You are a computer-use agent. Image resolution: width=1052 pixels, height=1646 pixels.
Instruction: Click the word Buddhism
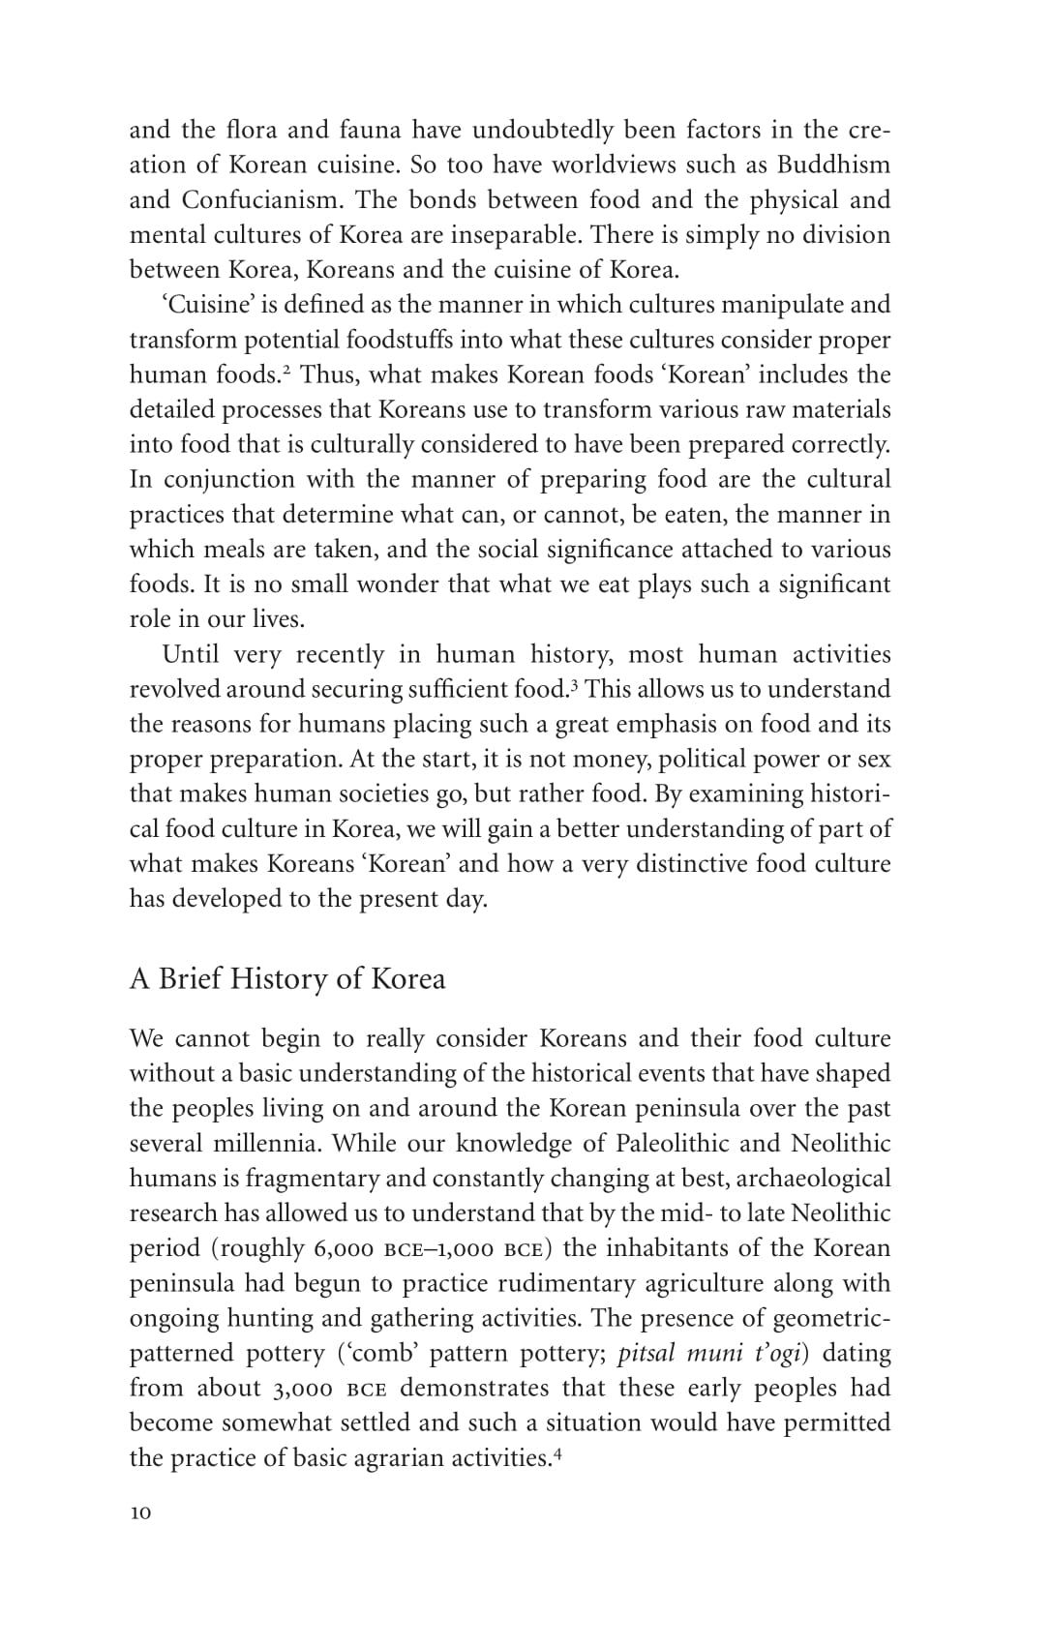tap(833, 165)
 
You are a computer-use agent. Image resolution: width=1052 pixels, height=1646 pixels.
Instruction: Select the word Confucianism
tap(260, 200)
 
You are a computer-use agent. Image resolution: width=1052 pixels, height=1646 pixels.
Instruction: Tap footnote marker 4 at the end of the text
tap(557, 1451)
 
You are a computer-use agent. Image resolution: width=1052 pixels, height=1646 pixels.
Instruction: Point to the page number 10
tap(140, 1514)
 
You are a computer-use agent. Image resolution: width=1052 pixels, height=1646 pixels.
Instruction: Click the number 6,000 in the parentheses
tap(344, 1248)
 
